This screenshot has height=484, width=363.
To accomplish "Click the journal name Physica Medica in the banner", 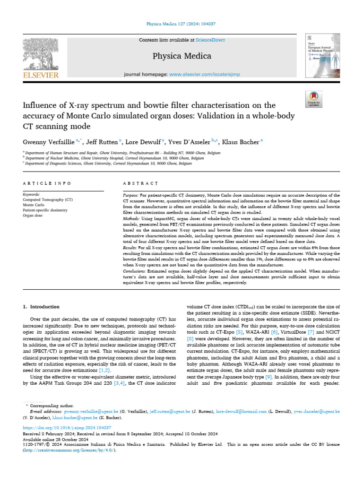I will pyautogui.click(x=181, y=56).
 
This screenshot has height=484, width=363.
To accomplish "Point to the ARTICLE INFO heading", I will pyautogui.click(x=47, y=183).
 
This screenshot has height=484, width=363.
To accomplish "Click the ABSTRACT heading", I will pyautogui.click(x=140, y=183).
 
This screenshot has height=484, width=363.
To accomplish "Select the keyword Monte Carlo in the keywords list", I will pyautogui.click(x=34, y=205).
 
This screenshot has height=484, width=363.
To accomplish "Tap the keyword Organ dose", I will pyautogui.click(x=33, y=216).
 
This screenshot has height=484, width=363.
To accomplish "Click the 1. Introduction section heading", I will pyautogui.click(x=42, y=307).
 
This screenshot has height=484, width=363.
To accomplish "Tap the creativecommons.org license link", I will pyautogui.click(x=68, y=450).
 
